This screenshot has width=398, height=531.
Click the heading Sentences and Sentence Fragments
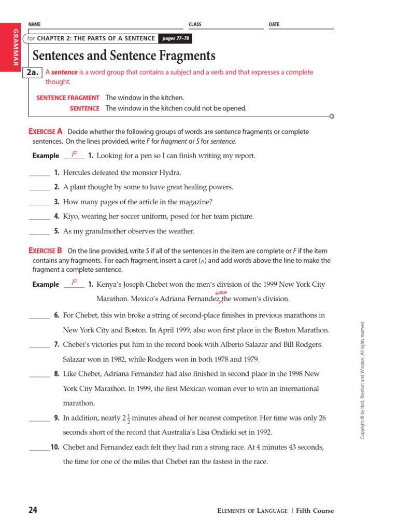[124, 55]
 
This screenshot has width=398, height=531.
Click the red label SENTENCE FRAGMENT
[67, 97]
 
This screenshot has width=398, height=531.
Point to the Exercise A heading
[46, 132]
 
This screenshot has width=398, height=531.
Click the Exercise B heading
[46, 250]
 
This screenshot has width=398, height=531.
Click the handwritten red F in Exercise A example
[75, 154]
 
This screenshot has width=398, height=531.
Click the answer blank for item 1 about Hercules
[39, 173]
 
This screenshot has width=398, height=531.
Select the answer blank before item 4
[39, 217]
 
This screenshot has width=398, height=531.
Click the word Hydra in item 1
[170, 173]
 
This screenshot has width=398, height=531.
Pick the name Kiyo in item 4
[71, 217]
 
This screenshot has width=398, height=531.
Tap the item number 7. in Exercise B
[56, 345]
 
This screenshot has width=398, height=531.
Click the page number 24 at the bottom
[33, 510]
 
